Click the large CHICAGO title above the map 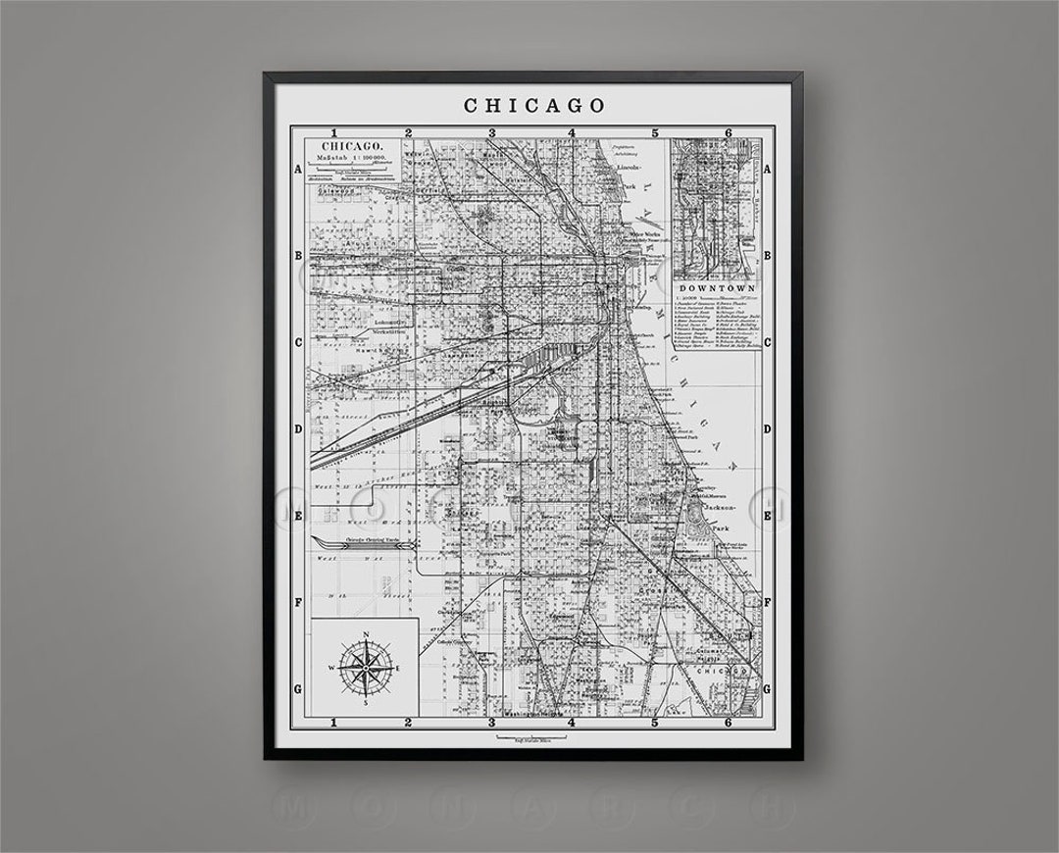tap(533, 104)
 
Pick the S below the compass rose tap(365, 702)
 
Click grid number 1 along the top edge tap(335, 132)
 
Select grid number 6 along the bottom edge tap(728, 724)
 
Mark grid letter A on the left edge tap(298, 169)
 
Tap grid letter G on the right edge tap(768, 689)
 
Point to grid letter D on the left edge tap(298, 429)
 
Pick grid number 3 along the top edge tap(492, 132)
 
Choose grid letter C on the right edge tap(768, 342)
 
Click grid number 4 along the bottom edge tap(573, 724)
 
